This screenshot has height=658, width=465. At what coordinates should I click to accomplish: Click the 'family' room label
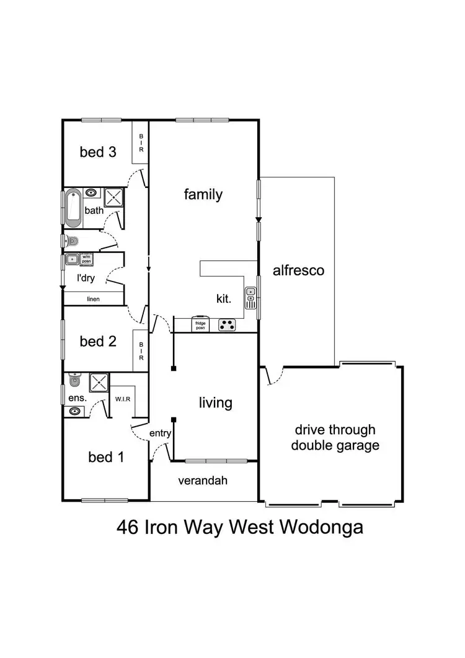click(x=203, y=194)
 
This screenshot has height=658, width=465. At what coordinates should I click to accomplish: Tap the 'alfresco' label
click(x=299, y=270)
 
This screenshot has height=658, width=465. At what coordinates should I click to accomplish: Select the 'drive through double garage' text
click(x=335, y=437)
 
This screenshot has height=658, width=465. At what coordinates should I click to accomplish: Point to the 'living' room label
click(x=215, y=402)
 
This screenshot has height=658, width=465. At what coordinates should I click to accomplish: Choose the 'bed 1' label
click(x=105, y=458)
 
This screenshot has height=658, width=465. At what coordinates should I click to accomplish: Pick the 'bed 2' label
click(x=98, y=341)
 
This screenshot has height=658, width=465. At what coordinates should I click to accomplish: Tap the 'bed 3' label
click(x=98, y=152)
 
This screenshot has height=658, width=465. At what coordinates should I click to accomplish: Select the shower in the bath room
click(x=114, y=198)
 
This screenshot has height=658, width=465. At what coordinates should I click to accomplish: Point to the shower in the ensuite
click(x=99, y=383)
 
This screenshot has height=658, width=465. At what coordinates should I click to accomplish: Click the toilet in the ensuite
click(x=74, y=378)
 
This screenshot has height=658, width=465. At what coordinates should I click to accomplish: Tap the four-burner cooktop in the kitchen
click(x=226, y=324)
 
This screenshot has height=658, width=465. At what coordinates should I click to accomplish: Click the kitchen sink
click(x=250, y=297)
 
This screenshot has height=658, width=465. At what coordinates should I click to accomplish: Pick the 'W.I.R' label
click(x=121, y=398)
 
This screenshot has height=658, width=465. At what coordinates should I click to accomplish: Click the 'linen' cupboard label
click(x=93, y=299)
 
